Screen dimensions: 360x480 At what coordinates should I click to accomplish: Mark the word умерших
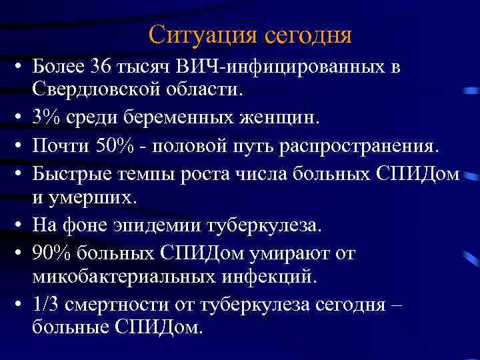[x=93, y=197]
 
